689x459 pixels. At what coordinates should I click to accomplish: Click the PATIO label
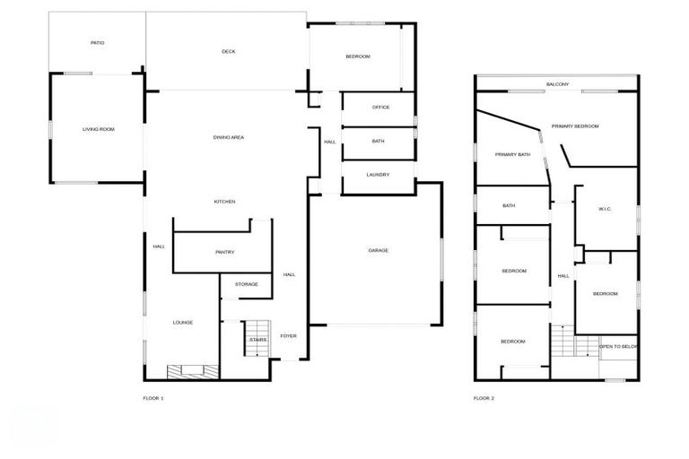point(98,42)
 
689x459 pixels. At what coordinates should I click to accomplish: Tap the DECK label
point(229,51)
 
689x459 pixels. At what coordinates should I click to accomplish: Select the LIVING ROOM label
point(99,129)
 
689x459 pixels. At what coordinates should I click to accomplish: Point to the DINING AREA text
point(229,136)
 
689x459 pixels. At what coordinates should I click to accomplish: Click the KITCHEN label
point(224,201)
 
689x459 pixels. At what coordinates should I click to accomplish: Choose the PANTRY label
point(224,252)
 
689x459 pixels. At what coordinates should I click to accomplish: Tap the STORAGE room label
point(247,284)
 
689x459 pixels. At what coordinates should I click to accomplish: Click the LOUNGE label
point(183,322)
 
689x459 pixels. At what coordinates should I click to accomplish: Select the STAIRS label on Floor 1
point(258,340)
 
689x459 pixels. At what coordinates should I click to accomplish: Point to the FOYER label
point(288,335)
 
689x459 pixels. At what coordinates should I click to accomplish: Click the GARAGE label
point(378,250)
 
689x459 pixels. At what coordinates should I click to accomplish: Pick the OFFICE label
point(380,108)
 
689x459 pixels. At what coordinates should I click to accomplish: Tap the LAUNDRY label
point(378,174)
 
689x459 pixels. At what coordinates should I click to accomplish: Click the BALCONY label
point(557,84)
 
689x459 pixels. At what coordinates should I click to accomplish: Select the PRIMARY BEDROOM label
point(575,126)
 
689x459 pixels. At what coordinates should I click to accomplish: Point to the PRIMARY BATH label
point(512,154)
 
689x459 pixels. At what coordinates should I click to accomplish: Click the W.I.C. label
point(605,210)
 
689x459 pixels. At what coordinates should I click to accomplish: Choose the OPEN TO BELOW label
point(619,346)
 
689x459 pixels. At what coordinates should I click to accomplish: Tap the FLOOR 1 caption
point(153,397)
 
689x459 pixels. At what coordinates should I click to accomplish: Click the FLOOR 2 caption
point(484,397)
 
